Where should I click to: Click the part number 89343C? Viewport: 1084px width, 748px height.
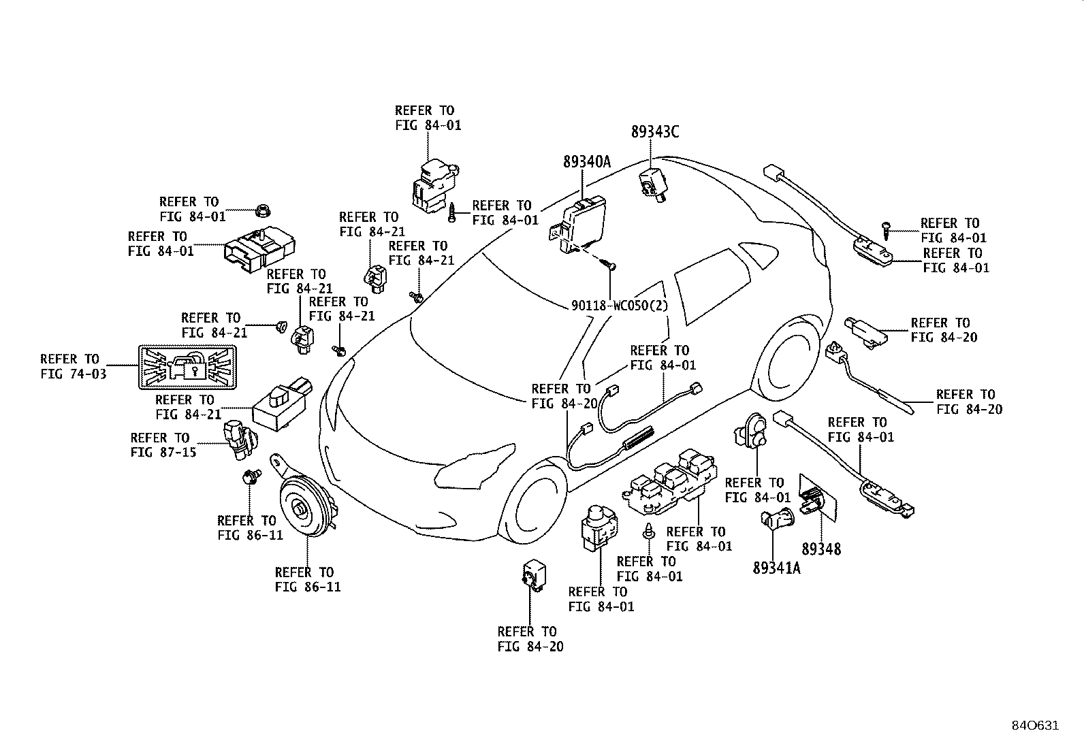tap(655, 131)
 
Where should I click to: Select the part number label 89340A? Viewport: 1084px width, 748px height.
tap(587, 161)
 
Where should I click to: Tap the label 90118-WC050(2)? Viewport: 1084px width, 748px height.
tap(620, 306)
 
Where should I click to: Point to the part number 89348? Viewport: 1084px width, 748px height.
tap(821, 549)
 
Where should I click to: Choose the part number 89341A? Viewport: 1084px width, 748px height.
tap(776, 568)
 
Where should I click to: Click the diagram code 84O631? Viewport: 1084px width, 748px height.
tap(1035, 726)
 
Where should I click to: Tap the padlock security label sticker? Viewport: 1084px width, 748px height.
tap(188, 368)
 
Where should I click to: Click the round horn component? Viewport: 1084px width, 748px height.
tap(305, 508)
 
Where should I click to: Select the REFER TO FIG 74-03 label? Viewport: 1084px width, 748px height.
tap(73, 366)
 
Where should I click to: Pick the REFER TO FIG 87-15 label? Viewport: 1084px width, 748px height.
tap(163, 444)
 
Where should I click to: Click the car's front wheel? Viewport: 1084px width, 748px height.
tap(535, 503)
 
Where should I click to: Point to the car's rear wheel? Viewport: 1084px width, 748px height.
tap(786, 358)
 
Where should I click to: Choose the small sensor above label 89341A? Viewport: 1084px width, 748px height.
tap(777, 519)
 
